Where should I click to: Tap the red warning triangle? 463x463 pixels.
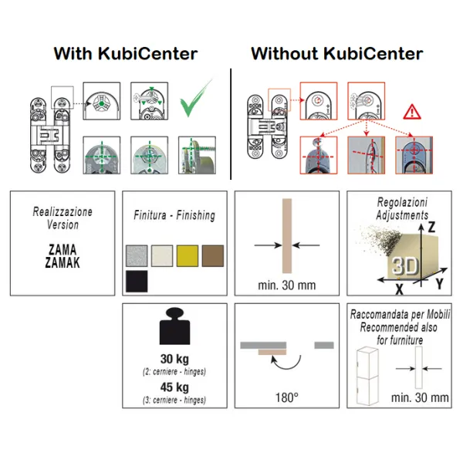pyautogui.click(x=412, y=113)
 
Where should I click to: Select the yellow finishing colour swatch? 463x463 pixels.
pyautogui.click(x=188, y=256)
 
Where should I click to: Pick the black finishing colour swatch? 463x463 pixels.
pyautogui.click(x=137, y=282)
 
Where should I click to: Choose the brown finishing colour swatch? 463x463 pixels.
pyautogui.click(x=213, y=256)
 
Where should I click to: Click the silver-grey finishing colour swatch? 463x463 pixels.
pyautogui.click(x=137, y=256)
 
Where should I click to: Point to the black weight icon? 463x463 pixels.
pyautogui.click(x=175, y=326)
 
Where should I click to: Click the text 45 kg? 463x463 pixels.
pyautogui.click(x=174, y=387)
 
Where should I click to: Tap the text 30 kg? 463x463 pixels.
pyautogui.click(x=174, y=359)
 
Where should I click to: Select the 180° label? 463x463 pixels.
pyautogui.click(x=287, y=397)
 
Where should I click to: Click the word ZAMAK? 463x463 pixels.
pyautogui.click(x=63, y=262)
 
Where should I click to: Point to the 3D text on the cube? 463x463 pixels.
pyautogui.click(x=405, y=266)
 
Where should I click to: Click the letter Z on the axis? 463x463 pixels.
pyautogui.click(x=431, y=227)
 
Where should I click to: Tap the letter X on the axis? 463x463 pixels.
pyautogui.click(x=399, y=289)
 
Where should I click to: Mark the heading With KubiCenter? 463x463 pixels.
pyautogui.click(x=126, y=54)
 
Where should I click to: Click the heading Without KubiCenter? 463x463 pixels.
pyautogui.click(x=337, y=54)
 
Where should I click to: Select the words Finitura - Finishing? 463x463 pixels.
pyautogui.click(x=174, y=215)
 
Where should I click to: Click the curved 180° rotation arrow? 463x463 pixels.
pyautogui.click(x=286, y=363)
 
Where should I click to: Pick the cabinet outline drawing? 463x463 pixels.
pyautogui.click(x=367, y=376)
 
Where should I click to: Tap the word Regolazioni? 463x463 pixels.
pyautogui.click(x=402, y=202)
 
